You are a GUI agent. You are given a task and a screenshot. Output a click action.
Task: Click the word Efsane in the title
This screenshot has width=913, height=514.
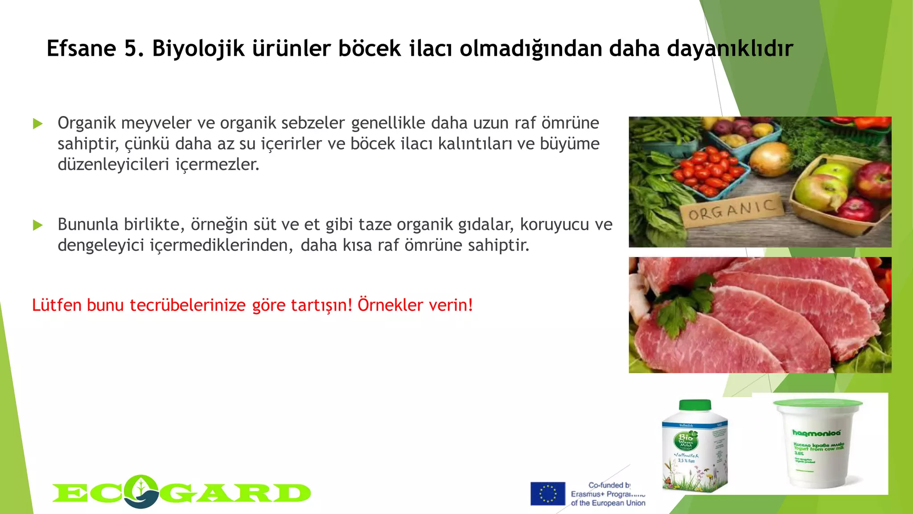pos(81,49)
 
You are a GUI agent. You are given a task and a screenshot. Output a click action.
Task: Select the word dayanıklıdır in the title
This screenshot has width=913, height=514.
pos(730,49)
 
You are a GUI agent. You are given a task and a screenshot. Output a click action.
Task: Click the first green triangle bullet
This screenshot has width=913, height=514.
pos(38,124)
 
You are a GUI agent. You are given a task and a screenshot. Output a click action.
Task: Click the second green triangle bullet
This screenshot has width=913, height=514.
pos(38,225)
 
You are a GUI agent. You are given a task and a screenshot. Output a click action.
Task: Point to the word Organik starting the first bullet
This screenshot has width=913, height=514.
pos(86,123)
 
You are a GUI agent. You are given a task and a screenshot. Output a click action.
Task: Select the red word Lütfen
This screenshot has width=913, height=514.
pos(57,305)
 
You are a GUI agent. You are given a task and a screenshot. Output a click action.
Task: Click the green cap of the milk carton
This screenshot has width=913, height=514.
pos(695,405)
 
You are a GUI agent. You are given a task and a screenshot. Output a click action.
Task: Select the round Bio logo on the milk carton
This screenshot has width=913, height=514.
pos(686,440)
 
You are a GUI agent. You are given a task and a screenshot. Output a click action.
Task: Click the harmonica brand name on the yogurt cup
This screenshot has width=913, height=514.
pos(816,432)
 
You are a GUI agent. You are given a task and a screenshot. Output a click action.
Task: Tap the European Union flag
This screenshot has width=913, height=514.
pos(547,493)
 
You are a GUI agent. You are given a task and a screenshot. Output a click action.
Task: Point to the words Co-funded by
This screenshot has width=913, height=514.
pos(609,485)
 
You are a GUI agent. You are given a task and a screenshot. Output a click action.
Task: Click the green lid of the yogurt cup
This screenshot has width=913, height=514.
pos(818,404)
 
